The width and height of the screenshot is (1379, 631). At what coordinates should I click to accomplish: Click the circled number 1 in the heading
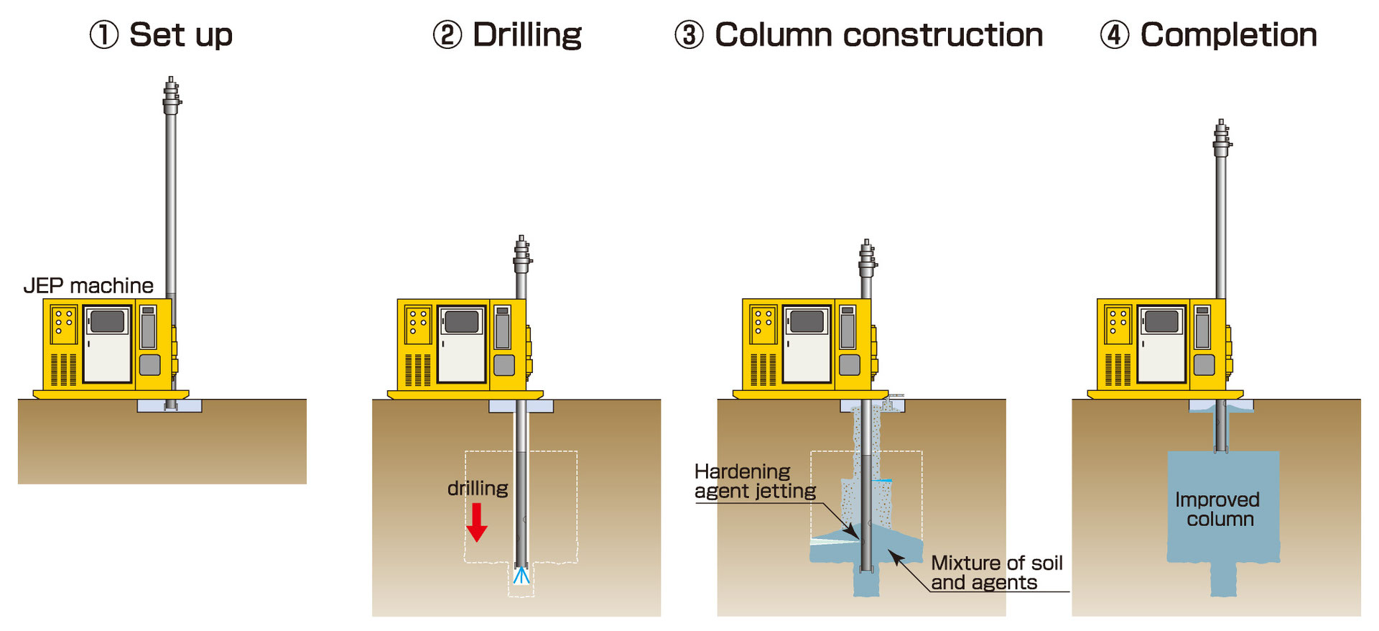click(x=103, y=34)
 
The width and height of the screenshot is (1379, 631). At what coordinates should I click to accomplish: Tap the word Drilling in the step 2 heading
click(x=527, y=35)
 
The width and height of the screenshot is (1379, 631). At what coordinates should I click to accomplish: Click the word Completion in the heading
click(x=1228, y=35)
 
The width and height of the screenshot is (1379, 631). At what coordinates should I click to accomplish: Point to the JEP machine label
click(x=88, y=285)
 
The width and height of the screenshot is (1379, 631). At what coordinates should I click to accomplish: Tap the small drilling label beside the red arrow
click(x=478, y=489)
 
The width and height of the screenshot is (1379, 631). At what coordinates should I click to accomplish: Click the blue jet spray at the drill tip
click(x=521, y=575)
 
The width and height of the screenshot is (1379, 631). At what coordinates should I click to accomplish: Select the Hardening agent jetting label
click(x=756, y=482)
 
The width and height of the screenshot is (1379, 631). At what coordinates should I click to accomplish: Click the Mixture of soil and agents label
click(x=996, y=573)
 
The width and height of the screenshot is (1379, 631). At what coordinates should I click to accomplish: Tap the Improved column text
click(x=1218, y=509)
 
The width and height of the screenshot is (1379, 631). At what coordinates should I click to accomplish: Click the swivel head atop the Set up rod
click(x=171, y=96)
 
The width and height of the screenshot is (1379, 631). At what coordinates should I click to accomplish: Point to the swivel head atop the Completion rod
click(x=1222, y=138)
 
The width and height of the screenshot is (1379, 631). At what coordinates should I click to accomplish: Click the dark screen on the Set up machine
click(x=108, y=321)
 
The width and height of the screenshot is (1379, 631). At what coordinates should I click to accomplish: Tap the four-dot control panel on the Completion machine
click(x=1118, y=322)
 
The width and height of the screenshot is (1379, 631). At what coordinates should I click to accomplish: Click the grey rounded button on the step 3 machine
click(x=850, y=365)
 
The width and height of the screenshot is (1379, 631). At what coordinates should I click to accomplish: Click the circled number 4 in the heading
click(x=1115, y=34)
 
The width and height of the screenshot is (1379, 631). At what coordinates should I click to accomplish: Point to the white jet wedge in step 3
click(x=833, y=539)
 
